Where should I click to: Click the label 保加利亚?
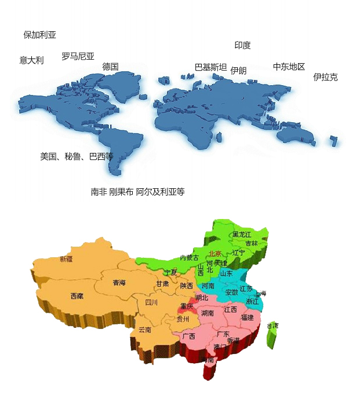click(39, 35)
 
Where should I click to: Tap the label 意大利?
click(31, 60)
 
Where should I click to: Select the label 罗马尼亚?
click(78, 56)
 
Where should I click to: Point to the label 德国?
click(110, 67)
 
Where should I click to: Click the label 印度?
click(242, 45)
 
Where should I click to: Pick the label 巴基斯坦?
click(210, 67)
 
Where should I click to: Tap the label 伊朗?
click(238, 71)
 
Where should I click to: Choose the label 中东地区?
click(289, 67)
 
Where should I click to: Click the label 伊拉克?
click(325, 77)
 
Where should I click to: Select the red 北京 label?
click(215, 253)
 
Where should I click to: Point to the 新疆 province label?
click(67, 259)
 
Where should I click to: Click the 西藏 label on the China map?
click(77, 296)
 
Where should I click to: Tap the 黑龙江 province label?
click(242, 234)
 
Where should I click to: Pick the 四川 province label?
click(151, 302)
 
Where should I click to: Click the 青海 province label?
click(119, 283)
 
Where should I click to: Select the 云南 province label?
click(144, 330)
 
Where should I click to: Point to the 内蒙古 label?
click(189, 257)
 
